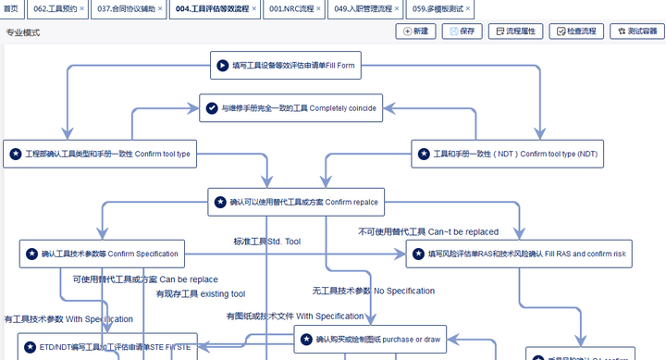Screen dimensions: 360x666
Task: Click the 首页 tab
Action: [11, 9]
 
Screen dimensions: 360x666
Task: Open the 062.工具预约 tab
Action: [52, 9]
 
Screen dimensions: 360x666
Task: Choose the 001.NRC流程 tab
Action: [289, 9]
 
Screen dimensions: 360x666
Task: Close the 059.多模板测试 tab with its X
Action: [468, 9]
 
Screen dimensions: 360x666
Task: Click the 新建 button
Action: [415, 31]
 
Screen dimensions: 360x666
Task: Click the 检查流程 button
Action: [575, 31]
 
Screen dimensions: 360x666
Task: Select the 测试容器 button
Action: [636, 31]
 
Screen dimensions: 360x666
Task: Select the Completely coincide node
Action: [290, 108]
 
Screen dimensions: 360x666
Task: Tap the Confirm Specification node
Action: [102, 254]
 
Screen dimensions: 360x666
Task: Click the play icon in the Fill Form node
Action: [222, 66]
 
